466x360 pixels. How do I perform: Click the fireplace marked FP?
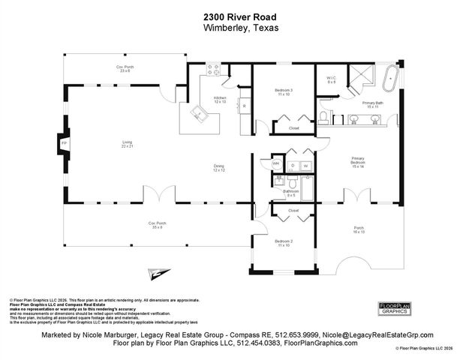65,142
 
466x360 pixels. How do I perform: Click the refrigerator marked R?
245,106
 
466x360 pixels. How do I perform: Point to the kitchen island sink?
199,114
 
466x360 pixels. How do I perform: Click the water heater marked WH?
275,163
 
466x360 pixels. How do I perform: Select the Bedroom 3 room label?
284,92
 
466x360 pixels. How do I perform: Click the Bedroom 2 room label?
284,243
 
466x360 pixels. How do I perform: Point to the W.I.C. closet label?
331,79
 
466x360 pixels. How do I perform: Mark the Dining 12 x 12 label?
218,168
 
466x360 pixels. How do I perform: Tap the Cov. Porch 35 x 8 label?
155,225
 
